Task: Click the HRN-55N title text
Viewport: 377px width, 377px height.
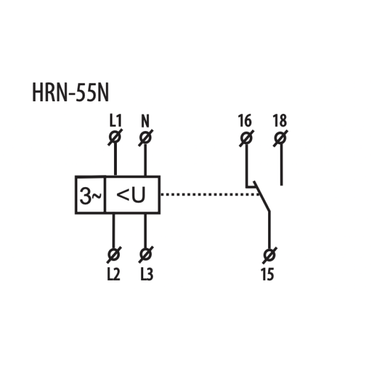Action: (x=70, y=92)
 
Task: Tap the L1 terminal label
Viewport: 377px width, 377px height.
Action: (x=115, y=121)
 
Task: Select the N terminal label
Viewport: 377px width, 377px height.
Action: (x=145, y=121)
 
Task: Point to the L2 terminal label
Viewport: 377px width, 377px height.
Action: (x=114, y=274)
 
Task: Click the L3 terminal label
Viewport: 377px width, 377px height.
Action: (x=147, y=274)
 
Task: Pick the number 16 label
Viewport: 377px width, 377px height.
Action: (x=245, y=121)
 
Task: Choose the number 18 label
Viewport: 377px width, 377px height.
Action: (x=280, y=121)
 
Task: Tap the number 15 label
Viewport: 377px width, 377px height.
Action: (x=267, y=274)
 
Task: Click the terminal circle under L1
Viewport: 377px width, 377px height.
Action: (x=115, y=137)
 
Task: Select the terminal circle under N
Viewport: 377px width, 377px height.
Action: (x=146, y=138)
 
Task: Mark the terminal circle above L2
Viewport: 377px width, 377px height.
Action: (x=114, y=254)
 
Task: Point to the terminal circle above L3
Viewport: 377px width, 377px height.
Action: (x=146, y=254)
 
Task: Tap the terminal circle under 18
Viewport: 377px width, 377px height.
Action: (x=280, y=138)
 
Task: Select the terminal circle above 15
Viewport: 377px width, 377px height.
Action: (x=269, y=255)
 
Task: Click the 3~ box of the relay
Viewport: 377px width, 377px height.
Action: (x=90, y=195)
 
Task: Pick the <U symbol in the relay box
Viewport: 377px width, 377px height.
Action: (x=131, y=195)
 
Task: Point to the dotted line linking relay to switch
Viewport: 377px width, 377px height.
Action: (x=210, y=194)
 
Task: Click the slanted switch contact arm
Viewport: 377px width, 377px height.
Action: (x=262, y=197)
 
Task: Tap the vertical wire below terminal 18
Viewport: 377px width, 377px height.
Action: (x=281, y=164)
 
